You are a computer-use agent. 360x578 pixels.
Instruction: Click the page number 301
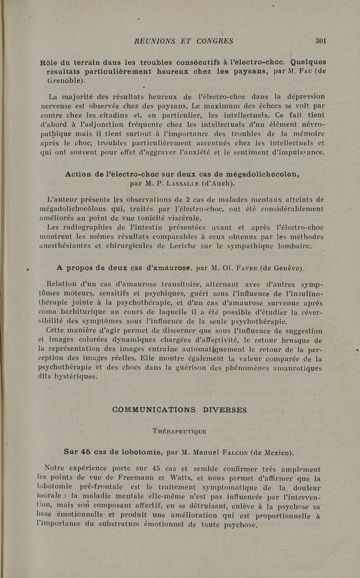coord(320,40)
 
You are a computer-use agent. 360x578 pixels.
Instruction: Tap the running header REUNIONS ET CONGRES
coord(184,41)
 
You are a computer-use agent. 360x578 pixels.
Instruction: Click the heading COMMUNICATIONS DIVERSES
coord(179,410)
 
